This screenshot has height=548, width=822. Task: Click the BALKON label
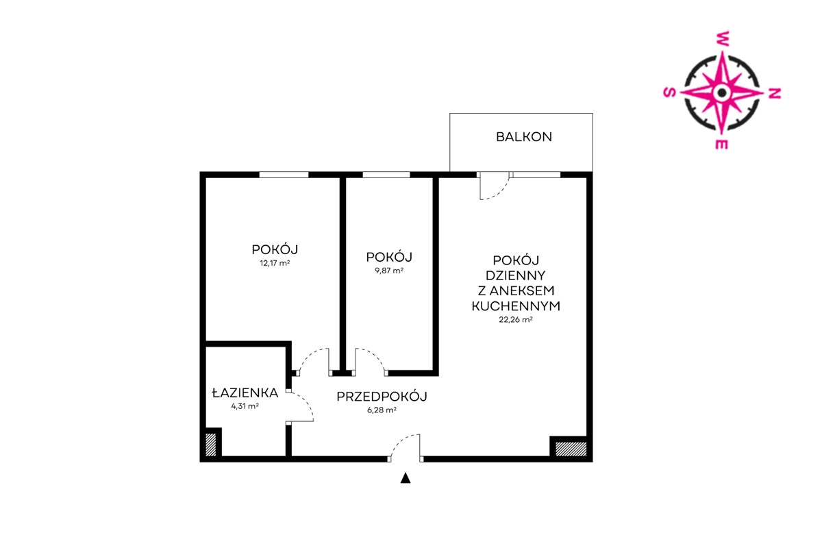pyautogui.click(x=523, y=137)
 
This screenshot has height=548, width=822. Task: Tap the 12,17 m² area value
pyautogui.click(x=275, y=263)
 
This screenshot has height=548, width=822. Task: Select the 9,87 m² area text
pyautogui.click(x=389, y=271)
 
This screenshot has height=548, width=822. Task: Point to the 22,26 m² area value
pyautogui.click(x=516, y=320)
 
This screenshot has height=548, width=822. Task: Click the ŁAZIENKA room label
pyautogui.click(x=245, y=393)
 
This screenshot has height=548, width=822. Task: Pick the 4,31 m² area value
pyautogui.click(x=245, y=406)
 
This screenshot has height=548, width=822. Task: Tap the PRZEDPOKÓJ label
pyautogui.click(x=382, y=397)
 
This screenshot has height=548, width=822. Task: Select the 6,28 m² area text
pyautogui.click(x=382, y=410)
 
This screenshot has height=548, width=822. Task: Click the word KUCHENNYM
pyautogui.click(x=516, y=306)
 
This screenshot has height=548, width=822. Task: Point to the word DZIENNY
pyautogui.click(x=516, y=275)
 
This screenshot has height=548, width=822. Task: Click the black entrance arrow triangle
pyautogui.click(x=406, y=478)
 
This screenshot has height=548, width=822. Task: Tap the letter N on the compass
pyautogui.click(x=775, y=94)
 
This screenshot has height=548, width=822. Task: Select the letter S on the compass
pyautogui.click(x=670, y=92)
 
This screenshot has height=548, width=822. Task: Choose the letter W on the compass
pyautogui.click(x=723, y=38)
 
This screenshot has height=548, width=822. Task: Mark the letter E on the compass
pyautogui.click(x=721, y=145)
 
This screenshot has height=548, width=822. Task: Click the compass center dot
pyautogui.click(x=722, y=93)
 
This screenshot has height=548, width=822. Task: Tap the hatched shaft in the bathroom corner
pyautogui.click(x=211, y=445)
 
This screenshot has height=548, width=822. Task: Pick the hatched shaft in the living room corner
pyautogui.click(x=571, y=449)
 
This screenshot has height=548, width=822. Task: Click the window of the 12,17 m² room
pyautogui.click(x=284, y=175)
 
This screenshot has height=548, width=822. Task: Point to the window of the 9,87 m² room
pyautogui.click(x=386, y=175)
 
